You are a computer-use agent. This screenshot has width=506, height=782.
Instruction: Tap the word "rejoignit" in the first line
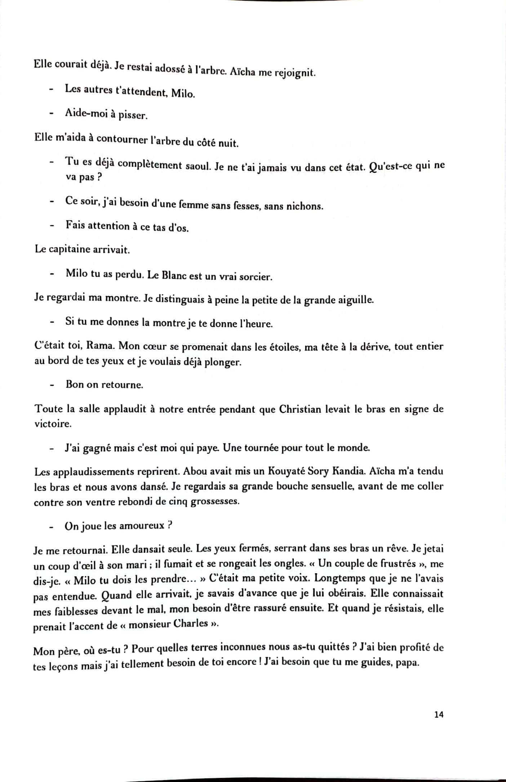pyautogui.click(x=295, y=73)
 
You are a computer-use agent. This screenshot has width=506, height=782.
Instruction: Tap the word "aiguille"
pyautogui.click(x=355, y=300)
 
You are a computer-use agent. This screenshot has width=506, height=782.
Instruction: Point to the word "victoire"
pyautogui.click(x=53, y=424)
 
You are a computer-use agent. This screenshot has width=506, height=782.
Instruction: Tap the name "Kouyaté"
pyautogui.click(x=286, y=471)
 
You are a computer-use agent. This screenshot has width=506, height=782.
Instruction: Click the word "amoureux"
pyautogui.click(x=142, y=526)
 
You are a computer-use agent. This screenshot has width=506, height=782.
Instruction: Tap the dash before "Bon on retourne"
pyautogui.click(x=52, y=385)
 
